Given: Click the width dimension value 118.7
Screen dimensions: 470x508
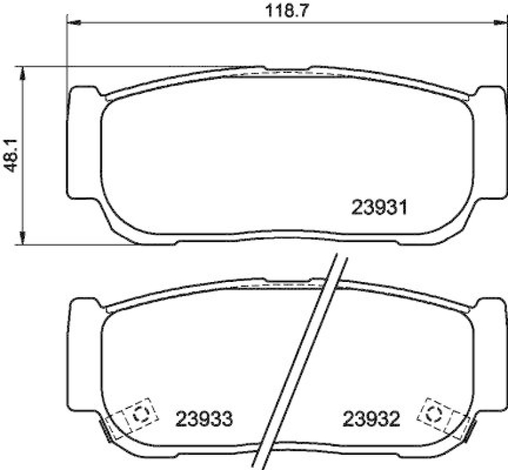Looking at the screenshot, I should point(284,11).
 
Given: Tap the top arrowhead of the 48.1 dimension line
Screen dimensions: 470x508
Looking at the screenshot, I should point(23,71).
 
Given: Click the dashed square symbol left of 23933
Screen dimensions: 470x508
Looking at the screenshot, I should point(140,413).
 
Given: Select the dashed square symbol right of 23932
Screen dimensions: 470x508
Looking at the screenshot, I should point(434,413).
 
